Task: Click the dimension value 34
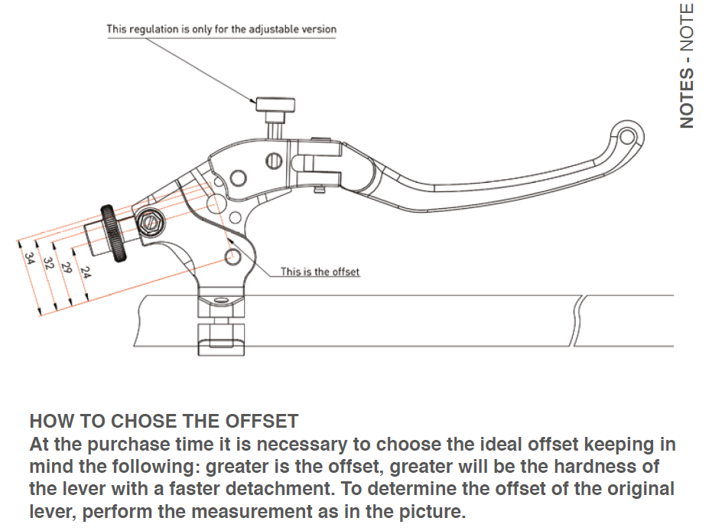(x=29, y=261)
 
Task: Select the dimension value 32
(x=47, y=264)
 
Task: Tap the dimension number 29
(x=67, y=269)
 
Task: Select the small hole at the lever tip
(x=627, y=138)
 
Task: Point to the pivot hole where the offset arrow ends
(x=231, y=256)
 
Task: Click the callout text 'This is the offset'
(x=320, y=272)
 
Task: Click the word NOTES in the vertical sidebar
(x=686, y=99)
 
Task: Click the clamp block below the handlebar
(x=220, y=337)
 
